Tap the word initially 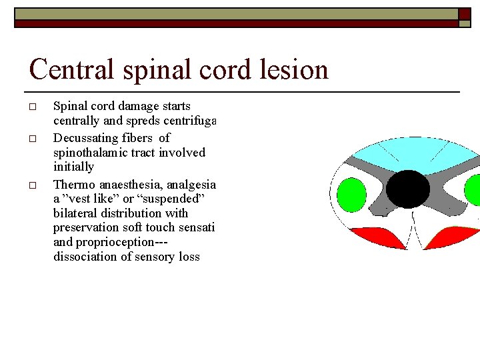(73, 167)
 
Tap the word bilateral (75, 213)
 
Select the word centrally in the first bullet (76, 121)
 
